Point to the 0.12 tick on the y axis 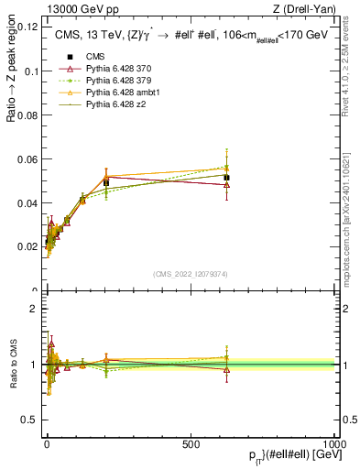tap(27, 27)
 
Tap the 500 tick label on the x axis tap(191, 443)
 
